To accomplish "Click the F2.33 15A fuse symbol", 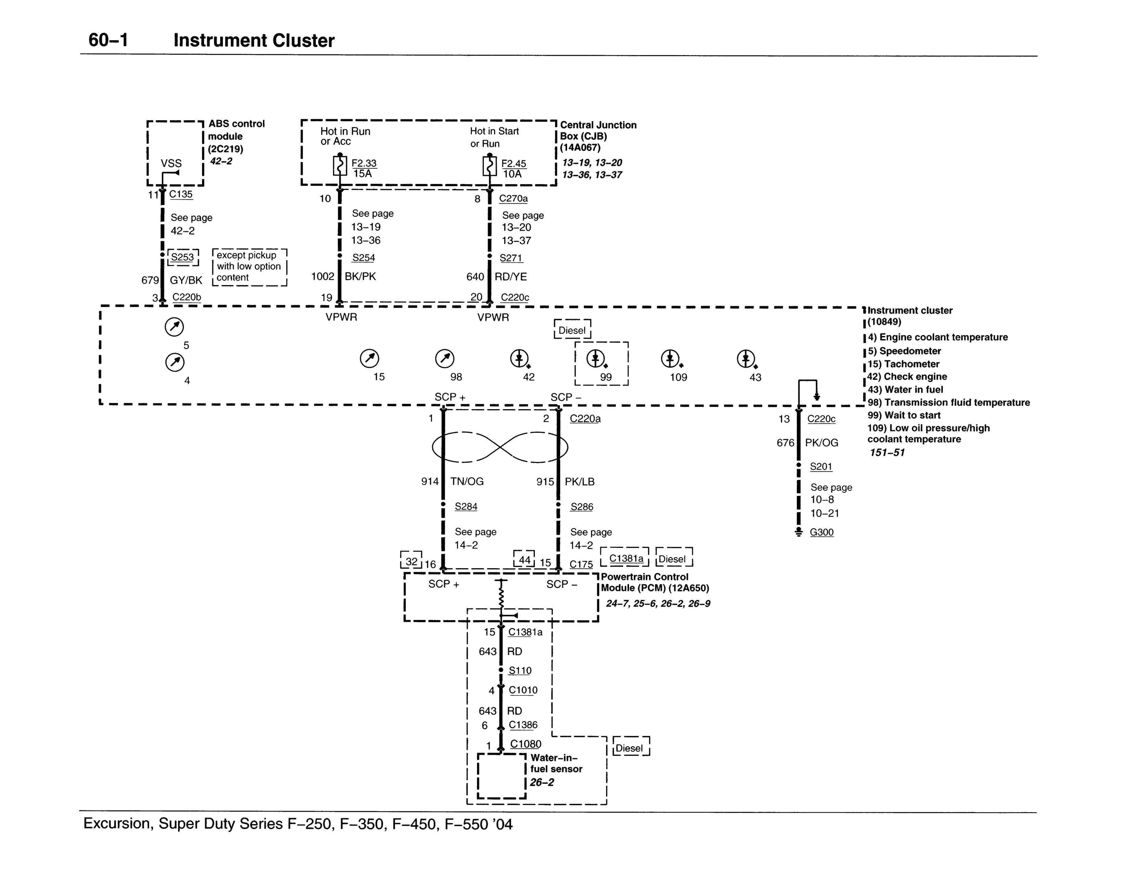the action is click(340, 166).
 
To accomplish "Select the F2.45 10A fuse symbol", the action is click(489, 166).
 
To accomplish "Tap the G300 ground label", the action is click(822, 532).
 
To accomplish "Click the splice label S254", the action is click(363, 258).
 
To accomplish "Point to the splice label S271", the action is click(511, 258).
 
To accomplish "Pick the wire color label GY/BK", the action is click(186, 280).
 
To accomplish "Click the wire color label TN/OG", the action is click(467, 482).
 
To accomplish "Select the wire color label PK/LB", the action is click(580, 482).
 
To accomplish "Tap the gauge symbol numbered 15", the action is click(369, 358).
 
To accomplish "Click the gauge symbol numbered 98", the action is click(445, 358).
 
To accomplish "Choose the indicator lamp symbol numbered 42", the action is click(519, 358).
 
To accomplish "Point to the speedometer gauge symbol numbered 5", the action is click(174, 327).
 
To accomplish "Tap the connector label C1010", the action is click(523, 690).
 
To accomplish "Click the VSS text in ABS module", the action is click(171, 163).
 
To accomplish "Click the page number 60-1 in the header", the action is click(108, 40).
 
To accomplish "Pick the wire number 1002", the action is click(323, 276).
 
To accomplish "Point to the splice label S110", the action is click(520, 671).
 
